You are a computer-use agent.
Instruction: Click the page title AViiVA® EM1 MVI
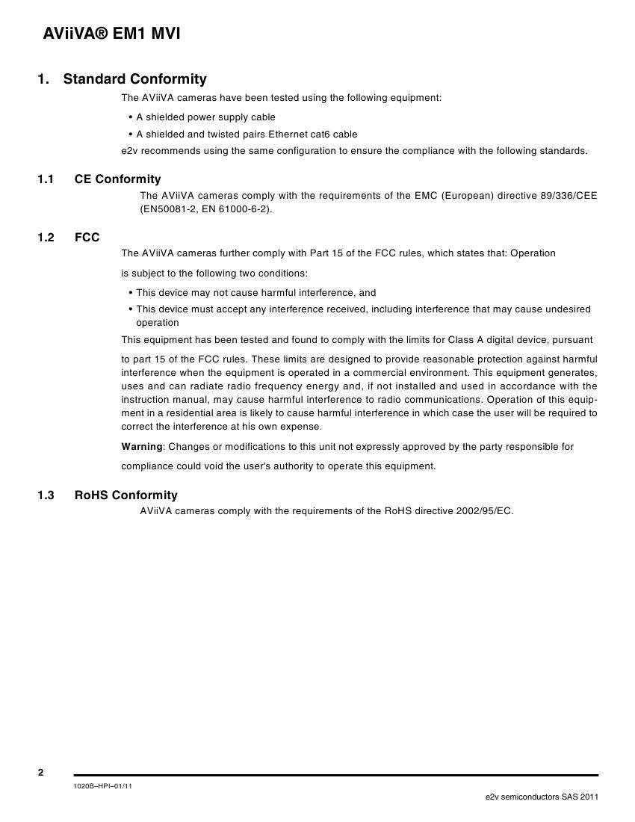(x=112, y=34)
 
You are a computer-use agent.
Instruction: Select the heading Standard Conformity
(x=134, y=79)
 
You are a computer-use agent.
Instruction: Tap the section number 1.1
(x=46, y=179)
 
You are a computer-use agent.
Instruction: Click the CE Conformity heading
(x=117, y=179)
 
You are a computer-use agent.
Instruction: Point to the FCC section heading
(x=87, y=238)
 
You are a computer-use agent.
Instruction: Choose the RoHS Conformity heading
(x=126, y=495)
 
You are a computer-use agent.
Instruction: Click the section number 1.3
(x=46, y=495)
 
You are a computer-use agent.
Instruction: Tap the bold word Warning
(x=142, y=447)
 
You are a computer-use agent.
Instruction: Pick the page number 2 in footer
(x=41, y=773)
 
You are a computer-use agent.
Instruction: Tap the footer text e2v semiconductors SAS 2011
(x=542, y=797)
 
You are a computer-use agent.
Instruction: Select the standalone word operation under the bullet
(x=158, y=323)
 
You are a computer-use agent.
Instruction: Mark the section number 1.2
(x=46, y=238)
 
